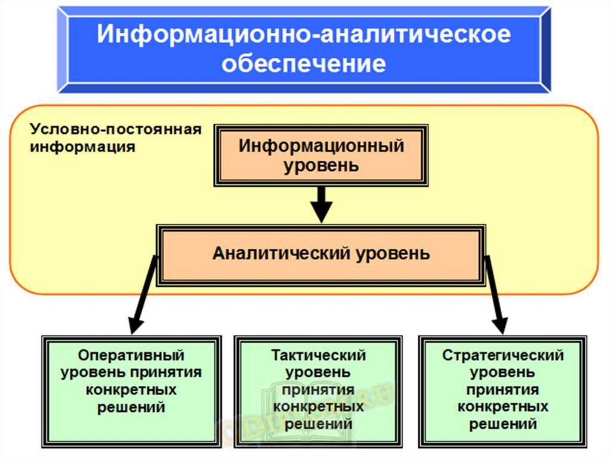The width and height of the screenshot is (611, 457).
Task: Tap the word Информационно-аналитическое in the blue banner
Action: point(304,34)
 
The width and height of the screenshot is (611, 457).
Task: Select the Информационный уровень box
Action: point(321,155)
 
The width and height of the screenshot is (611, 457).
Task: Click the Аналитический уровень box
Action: point(321,254)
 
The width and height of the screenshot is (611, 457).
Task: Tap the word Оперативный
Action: point(131,356)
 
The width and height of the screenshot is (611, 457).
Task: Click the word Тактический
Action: point(318,356)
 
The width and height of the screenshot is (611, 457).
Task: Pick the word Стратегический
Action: point(503,356)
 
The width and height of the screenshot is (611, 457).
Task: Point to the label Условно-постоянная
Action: point(116,130)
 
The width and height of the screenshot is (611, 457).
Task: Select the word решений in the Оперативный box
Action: point(131,408)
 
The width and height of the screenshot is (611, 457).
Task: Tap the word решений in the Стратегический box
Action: point(503,424)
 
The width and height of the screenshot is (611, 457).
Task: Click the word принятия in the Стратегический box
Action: point(503,390)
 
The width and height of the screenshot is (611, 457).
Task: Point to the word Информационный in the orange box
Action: point(321,146)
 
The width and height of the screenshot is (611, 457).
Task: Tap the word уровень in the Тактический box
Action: point(318,373)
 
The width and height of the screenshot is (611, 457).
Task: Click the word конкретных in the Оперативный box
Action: point(131,390)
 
